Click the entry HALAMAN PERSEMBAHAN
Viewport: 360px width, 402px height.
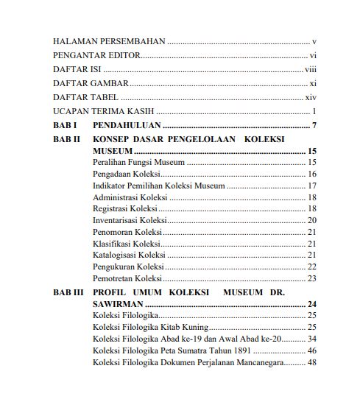click(x=109, y=43)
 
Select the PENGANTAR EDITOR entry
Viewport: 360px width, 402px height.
click(x=96, y=56)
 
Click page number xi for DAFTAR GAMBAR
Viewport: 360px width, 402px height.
click(x=312, y=83)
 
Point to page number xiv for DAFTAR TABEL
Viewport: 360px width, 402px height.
click(x=311, y=97)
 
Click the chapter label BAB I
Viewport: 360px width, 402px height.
click(x=66, y=125)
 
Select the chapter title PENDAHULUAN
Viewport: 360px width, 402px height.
click(x=127, y=125)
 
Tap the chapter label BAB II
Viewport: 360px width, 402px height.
click(x=67, y=138)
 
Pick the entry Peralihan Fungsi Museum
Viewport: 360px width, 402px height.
click(x=138, y=163)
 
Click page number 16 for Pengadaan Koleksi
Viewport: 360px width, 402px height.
click(x=311, y=174)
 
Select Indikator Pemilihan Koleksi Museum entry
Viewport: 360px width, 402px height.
click(x=158, y=186)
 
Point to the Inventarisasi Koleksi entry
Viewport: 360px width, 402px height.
click(x=130, y=220)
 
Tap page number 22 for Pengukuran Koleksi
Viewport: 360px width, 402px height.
click(x=311, y=267)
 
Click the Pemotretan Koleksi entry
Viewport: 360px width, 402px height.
click(x=127, y=278)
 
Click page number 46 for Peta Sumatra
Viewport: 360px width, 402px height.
click(x=311, y=350)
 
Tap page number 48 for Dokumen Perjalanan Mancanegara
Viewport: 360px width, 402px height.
click(x=311, y=362)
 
